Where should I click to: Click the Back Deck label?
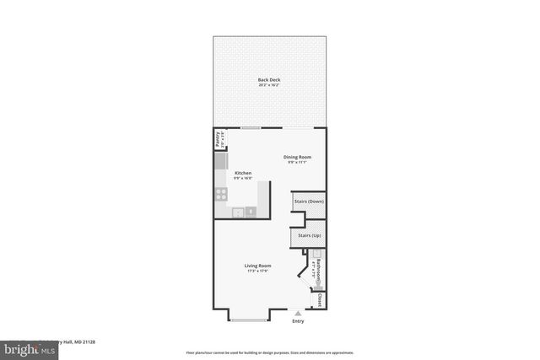coord(269,80)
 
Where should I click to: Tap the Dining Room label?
coord(297,157)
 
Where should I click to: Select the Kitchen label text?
coord(243,173)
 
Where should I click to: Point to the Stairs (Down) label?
coord(308,201)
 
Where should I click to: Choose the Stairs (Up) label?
coord(308,235)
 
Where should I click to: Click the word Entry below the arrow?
coord(297,321)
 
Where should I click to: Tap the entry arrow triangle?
coord(297,313)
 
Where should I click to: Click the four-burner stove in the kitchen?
coord(221,193)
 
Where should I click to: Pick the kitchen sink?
coord(239,211)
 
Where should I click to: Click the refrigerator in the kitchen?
coord(220,159)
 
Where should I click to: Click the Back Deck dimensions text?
coord(269,86)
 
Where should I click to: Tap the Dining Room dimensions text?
coord(297,163)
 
